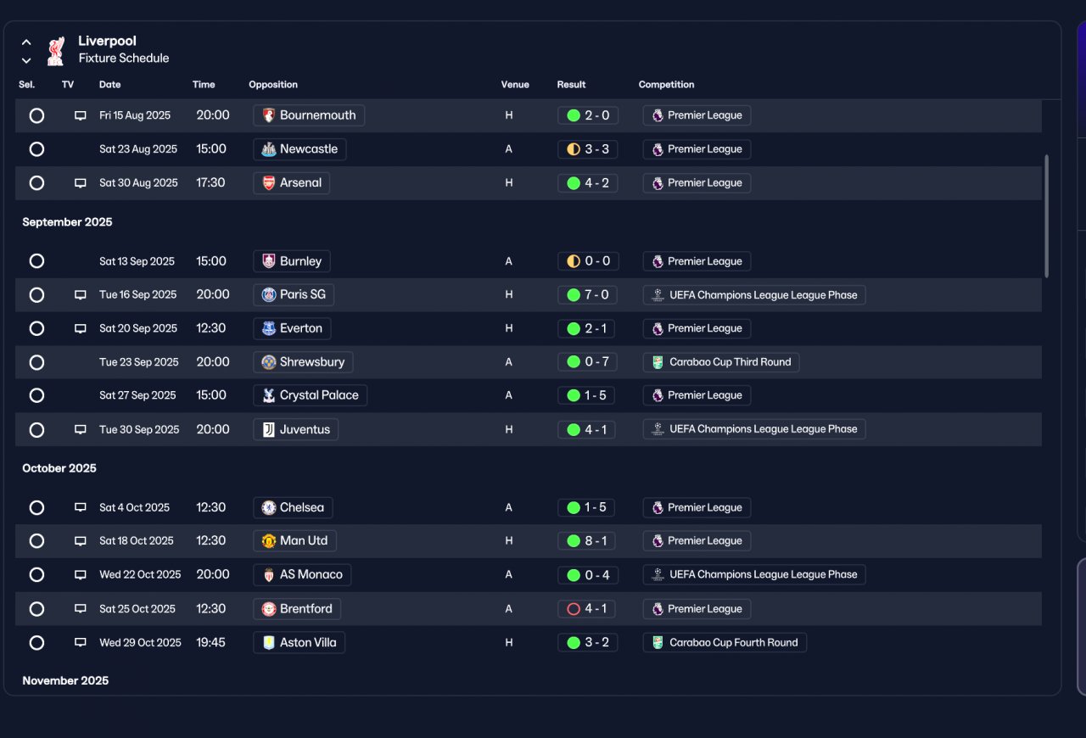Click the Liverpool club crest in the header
pos(56,51)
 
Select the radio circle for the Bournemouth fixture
pos(36,115)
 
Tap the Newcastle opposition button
pos(299,148)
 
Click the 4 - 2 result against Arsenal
pos(588,182)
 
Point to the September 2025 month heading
pos(67,222)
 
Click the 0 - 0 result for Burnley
pos(588,261)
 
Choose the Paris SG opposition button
pos(294,294)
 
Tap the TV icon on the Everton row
pos(81,328)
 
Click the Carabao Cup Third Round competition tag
pos(721,361)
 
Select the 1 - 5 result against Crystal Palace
pos(586,395)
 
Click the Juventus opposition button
pos(296,429)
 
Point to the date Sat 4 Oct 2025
pos(134,507)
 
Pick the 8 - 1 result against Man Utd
pos(586,540)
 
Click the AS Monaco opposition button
pos(302,574)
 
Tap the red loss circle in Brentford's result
pos(574,608)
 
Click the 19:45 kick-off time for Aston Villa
pos(210,642)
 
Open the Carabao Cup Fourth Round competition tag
pos(725,642)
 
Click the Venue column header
pos(515,84)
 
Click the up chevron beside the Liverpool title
pos(26,42)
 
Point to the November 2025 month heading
pos(65,681)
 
